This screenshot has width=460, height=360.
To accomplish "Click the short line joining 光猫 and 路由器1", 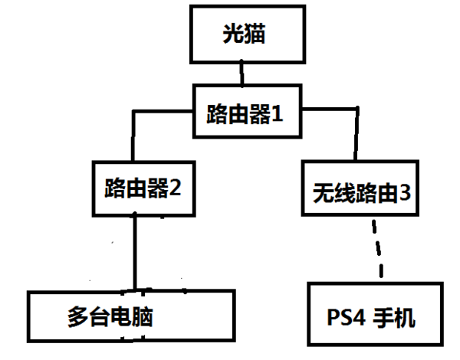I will coord(243,74).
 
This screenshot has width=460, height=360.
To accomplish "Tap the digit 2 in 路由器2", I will coord(176,188).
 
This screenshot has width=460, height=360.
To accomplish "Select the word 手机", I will coord(396,316).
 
